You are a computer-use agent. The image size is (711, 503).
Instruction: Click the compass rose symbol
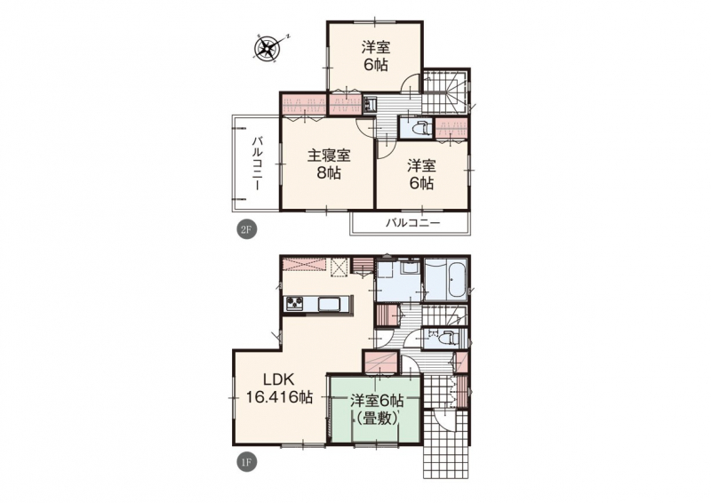268,47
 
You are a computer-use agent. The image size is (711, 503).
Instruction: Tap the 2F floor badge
247,229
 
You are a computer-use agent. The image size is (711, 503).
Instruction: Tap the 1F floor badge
247,462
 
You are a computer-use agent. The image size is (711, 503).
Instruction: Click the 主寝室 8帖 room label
329,164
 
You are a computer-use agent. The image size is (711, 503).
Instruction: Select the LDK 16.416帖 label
279,387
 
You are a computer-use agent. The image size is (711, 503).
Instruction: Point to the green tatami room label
376,409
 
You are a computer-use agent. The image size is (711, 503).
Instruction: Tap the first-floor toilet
447,338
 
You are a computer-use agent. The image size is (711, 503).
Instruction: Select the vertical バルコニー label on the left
258,163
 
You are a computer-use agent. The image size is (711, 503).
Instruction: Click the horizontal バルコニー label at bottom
412,223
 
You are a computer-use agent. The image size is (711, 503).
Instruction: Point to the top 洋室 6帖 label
375,56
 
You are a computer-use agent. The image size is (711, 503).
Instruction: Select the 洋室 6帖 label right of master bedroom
421,174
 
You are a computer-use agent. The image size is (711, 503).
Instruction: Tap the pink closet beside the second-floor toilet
451,128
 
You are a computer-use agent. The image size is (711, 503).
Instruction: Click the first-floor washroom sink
411,268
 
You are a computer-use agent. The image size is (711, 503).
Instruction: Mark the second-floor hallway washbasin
370,105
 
